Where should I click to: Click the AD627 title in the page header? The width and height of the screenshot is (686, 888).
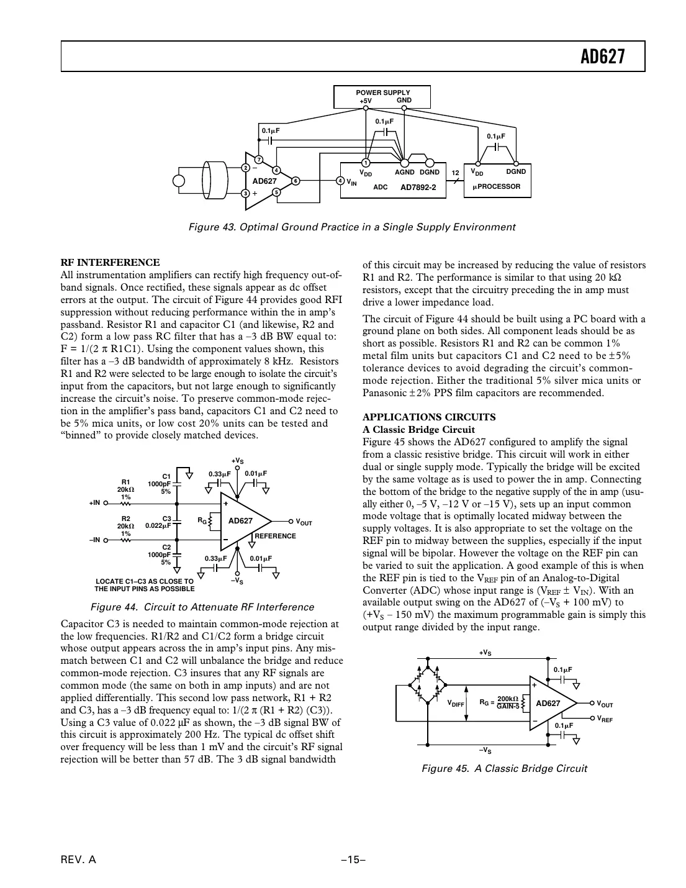tap(602, 57)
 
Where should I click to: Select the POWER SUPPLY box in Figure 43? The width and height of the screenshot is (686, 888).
tap(382, 97)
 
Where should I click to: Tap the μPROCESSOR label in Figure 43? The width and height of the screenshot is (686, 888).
tap(497, 186)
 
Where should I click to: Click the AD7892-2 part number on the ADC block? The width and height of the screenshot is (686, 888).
tap(418, 187)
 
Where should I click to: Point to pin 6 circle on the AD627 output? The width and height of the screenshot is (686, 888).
tap(296, 181)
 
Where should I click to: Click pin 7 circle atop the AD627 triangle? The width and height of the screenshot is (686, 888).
tap(259, 160)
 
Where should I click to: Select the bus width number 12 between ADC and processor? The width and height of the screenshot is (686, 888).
tap(455, 173)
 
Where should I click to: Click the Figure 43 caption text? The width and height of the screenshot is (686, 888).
tap(351, 227)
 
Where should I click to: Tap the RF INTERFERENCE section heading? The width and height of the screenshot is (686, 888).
tap(110, 262)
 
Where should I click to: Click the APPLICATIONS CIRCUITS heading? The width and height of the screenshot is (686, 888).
tap(420, 417)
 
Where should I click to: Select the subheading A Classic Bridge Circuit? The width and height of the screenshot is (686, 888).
tap(418, 430)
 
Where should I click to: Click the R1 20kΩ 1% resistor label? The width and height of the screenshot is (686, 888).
tap(126, 489)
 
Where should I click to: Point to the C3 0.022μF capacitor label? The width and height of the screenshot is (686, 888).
tap(159, 522)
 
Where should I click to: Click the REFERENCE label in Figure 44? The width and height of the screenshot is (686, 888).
tap(275, 536)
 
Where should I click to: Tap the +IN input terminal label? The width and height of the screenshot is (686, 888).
tap(94, 503)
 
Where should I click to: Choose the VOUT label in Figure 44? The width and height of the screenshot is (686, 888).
tap(304, 522)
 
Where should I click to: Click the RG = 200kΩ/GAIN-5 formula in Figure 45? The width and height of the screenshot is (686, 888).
tap(500, 702)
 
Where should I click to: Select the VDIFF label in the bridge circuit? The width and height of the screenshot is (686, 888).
tap(456, 704)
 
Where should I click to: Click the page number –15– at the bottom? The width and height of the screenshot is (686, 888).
tap(352, 860)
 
